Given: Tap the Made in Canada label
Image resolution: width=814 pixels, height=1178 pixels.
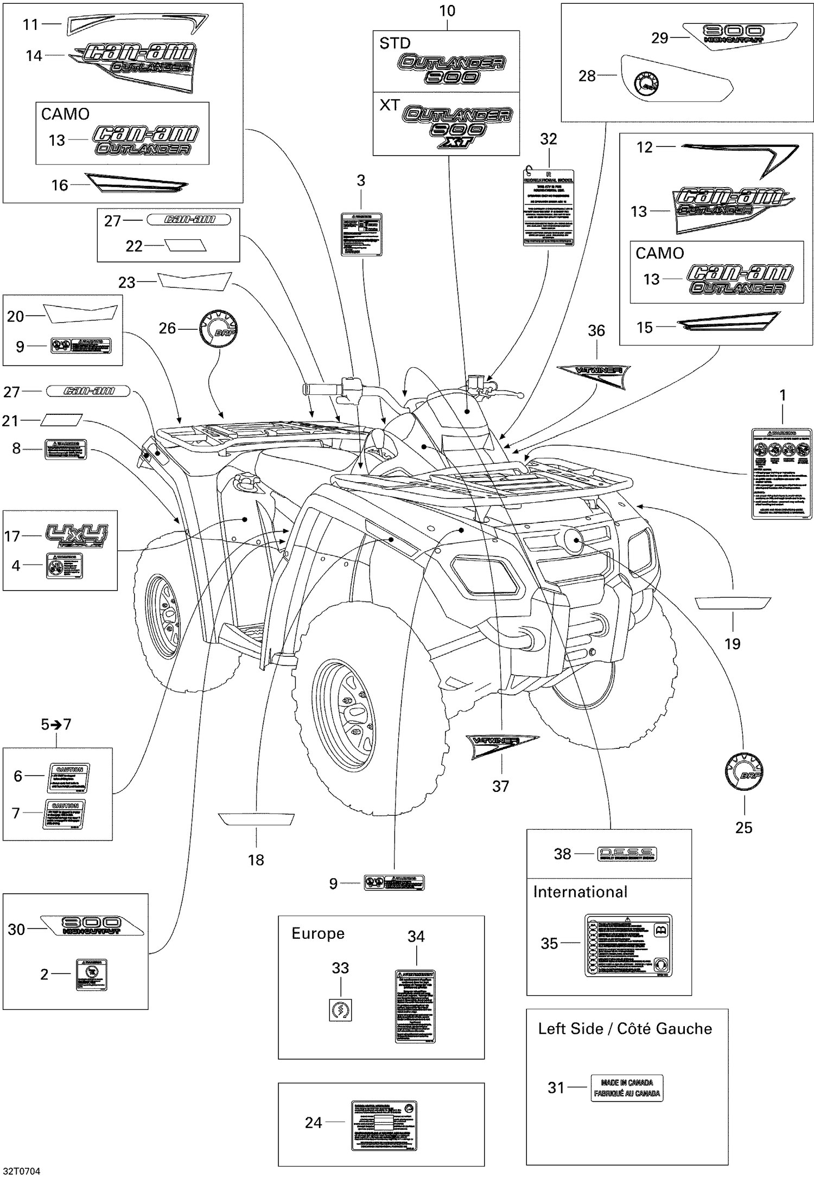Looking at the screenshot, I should coord(627,1087).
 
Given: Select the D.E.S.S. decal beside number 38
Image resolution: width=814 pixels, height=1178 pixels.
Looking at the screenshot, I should coord(626,854).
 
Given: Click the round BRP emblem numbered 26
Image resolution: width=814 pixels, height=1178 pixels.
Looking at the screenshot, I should coord(219,328).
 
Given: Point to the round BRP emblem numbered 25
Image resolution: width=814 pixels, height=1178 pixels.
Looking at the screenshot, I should coord(744,772).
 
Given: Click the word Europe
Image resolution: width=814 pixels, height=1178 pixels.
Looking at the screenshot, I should coord(318,933).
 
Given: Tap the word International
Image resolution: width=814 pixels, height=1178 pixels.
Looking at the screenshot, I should coord(580,892).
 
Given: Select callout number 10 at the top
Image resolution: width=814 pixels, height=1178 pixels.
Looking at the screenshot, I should coord(447,11).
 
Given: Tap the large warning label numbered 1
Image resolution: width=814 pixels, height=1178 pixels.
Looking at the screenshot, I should coord(782,473).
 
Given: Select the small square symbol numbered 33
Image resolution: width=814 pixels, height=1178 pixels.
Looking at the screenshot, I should coord(341,1010).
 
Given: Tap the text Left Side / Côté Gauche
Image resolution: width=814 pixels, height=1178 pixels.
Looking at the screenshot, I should coord(625,1029).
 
